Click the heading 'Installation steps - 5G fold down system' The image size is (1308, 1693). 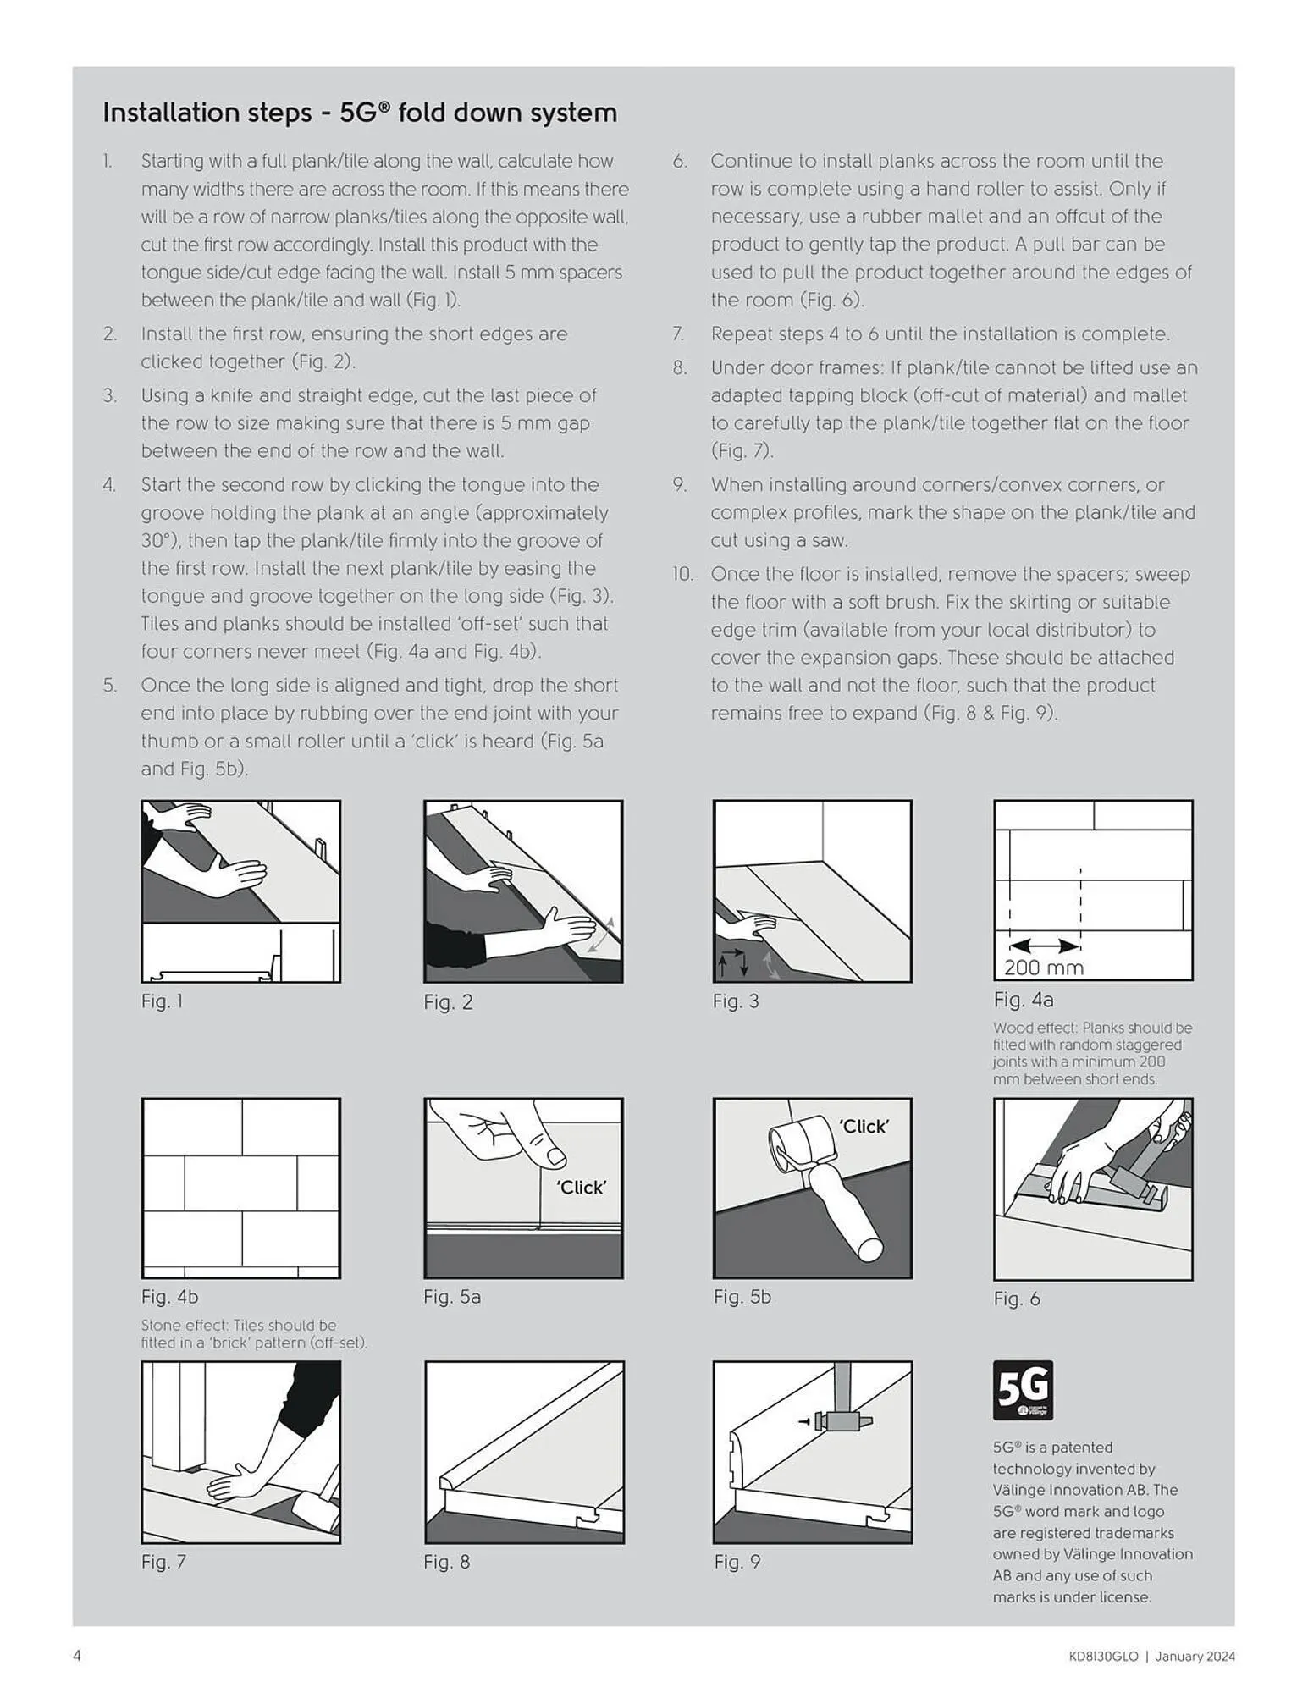click(x=359, y=113)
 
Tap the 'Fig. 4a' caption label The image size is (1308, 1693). click(x=1023, y=1000)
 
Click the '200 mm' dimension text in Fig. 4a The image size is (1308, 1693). click(x=1043, y=968)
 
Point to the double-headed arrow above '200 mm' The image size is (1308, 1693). click(x=1045, y=946)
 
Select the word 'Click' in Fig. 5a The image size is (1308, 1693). click(x=582, y=1187)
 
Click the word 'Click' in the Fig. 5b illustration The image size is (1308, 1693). click(x=864, y=1126)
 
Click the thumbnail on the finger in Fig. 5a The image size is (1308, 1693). click(x=555, y=1155)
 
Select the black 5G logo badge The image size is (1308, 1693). click(x=1023, y=1390)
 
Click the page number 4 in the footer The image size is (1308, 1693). click(x=77, y=1656)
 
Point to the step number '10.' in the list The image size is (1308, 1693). click(x=682, y=574)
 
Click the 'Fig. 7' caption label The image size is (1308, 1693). click(x=163, y=1562)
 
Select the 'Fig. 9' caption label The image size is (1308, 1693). click(x=737, y=1562)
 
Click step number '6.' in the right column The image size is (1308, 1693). click(x=680, y=161)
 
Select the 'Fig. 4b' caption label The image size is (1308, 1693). click(x=169, y=1296)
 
